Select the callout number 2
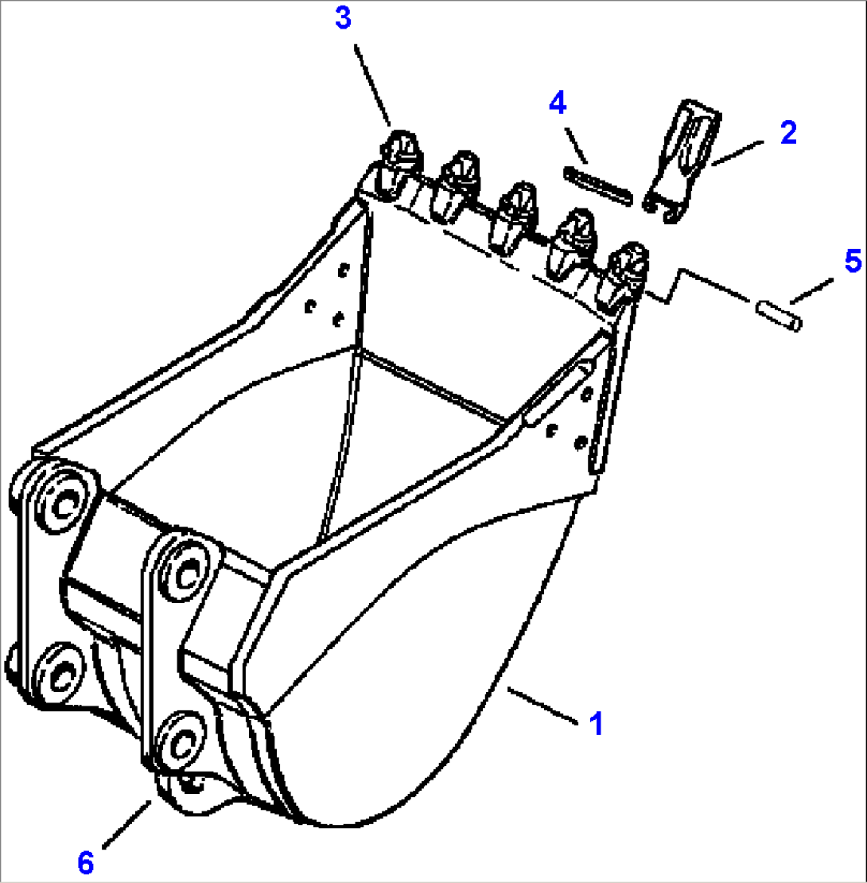[x=787, y=133]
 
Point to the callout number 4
[x=557, y=103]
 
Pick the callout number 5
[x=853, y=260]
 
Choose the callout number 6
[x=87, y=862]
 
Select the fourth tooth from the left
[x=573, y=243]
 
